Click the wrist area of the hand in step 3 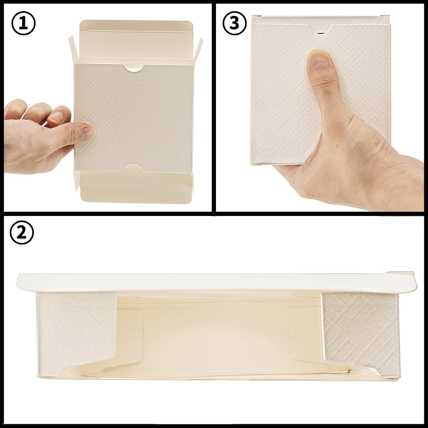(399, 188)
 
